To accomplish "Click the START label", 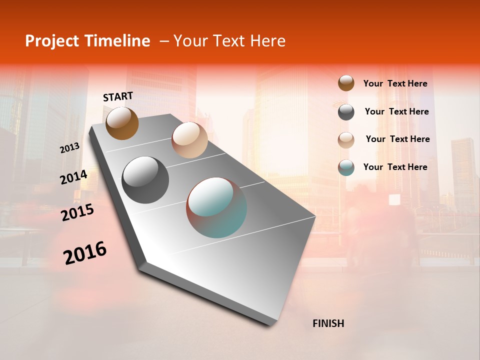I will point(118,96).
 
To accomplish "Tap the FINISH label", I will point(328,323).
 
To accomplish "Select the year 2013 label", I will point(69,148).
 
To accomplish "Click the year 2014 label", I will point(73,177).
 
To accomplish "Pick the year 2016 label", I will point(85,253).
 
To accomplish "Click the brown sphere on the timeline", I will point(122,123).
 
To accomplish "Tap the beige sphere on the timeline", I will point(189,140).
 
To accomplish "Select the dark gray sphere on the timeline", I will point(145,180).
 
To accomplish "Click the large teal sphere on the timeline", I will point(216,207).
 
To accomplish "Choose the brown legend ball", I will point(346,83).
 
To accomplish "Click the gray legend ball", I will point(346,111).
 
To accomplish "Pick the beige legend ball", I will point(346,139).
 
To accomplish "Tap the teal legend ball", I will point(346,167).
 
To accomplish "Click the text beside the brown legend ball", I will point(395,84).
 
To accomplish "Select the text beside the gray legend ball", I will point(396,111).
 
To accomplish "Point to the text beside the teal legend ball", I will point(395,167).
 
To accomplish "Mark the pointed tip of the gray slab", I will point(270,325).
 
